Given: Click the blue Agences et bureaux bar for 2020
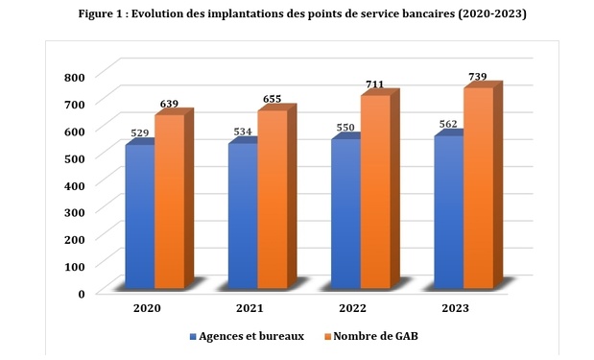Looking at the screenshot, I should (140, 216).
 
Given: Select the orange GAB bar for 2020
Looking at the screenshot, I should (170, 202).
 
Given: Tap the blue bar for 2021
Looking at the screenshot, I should (244, 216).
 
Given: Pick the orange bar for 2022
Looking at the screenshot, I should (375, 192).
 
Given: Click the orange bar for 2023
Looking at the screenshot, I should (478, 187).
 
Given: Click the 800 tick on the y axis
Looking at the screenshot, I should (76, 77).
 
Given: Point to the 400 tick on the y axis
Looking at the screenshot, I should (76, 184).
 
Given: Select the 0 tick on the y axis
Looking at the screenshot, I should (83, 293).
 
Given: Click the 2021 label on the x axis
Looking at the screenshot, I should (250, 309).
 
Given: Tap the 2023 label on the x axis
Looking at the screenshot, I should (457, 309).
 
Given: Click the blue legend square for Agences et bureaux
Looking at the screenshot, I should (193, 337).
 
